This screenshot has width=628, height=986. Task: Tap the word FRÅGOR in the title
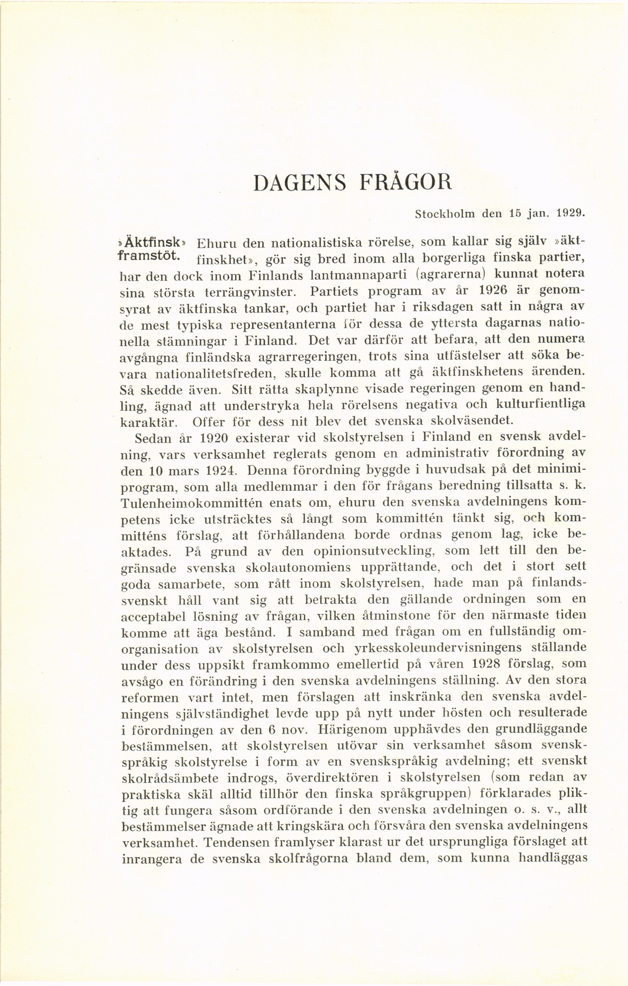[x=405, y=182]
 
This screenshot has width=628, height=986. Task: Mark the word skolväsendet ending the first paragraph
[x=455, y=420]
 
